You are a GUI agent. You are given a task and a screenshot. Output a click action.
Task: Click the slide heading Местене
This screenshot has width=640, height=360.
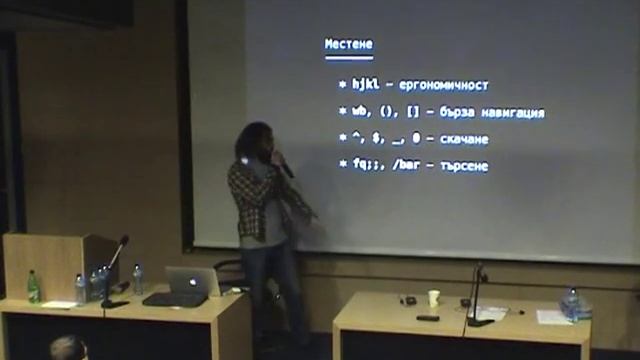coord(348,45)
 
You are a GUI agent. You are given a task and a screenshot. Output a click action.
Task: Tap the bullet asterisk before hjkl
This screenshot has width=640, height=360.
coord(341,85)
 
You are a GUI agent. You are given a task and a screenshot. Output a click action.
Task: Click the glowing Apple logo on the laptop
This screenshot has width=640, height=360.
coord(193,280)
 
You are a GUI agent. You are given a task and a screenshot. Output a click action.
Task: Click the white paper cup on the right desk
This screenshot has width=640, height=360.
coord(433,298)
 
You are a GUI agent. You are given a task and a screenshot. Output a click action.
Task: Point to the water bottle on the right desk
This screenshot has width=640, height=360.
coord(572,303)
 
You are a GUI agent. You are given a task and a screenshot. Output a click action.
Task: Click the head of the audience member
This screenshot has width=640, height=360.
coord(68,349)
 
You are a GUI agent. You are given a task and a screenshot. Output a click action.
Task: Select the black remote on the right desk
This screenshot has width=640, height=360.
coord(427,318)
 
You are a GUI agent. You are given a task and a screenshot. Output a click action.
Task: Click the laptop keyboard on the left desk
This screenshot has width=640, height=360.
coord(175,299)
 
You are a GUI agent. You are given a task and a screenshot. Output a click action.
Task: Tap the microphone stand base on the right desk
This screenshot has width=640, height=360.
coord(479,321)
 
